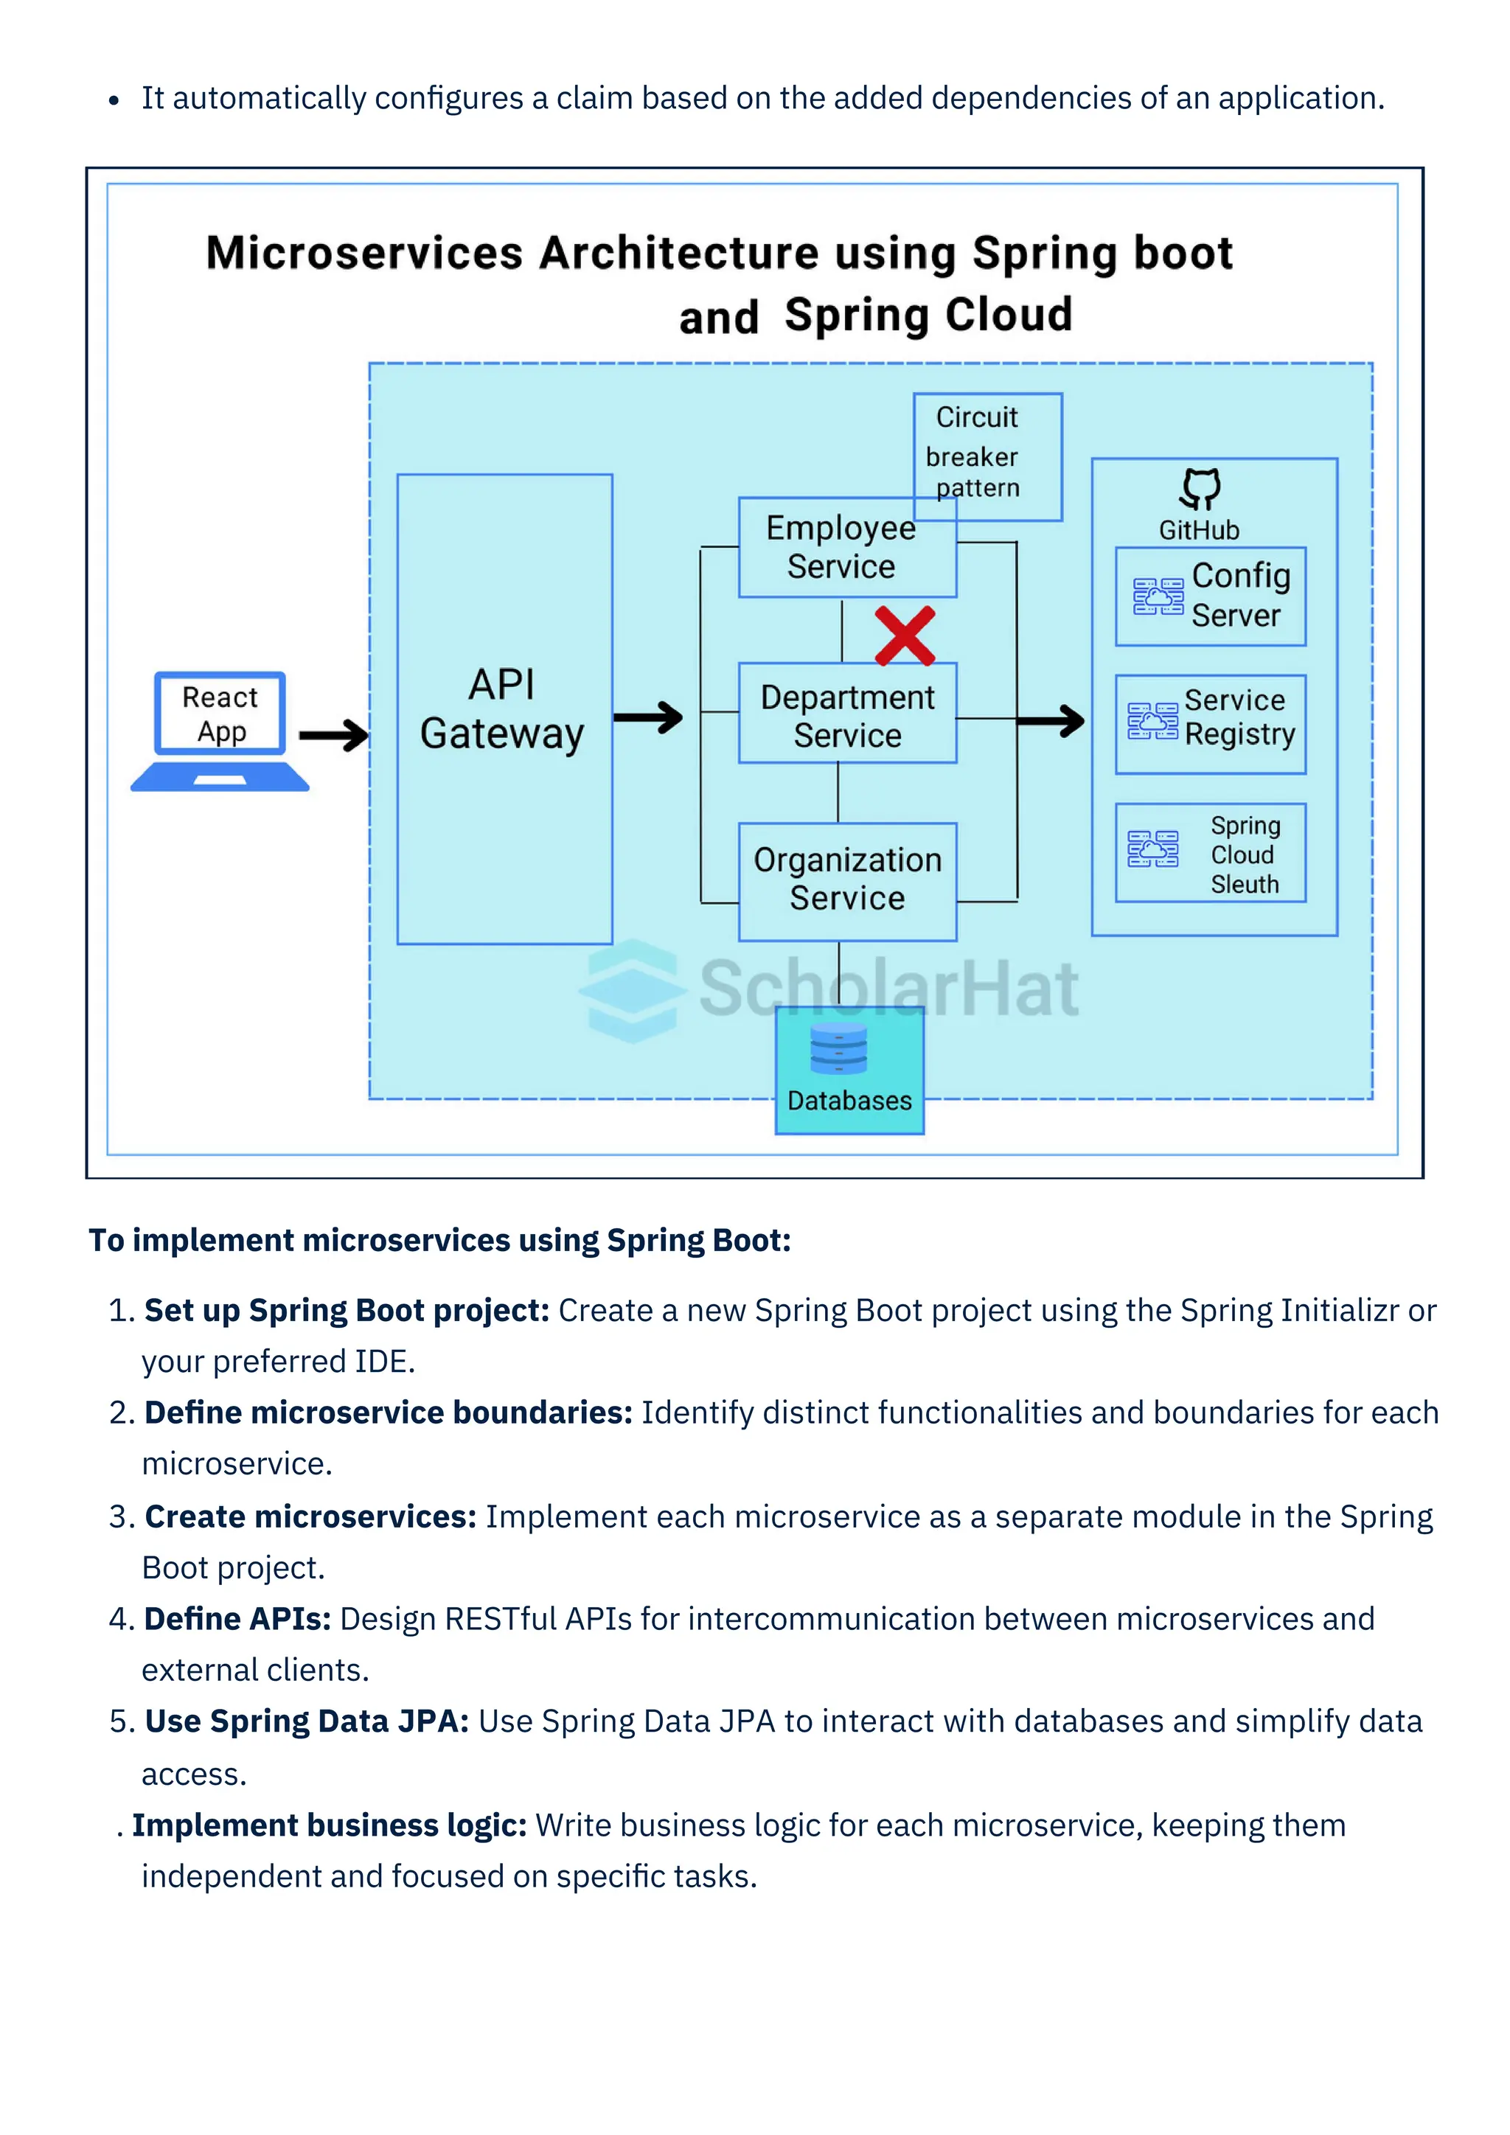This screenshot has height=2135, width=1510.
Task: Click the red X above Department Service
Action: tap(904, 636)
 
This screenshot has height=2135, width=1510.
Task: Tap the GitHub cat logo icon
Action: tap(1200, 488)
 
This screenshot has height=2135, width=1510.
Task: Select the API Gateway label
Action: tap(502, 709)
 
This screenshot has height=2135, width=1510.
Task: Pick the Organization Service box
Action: tap(847, 880)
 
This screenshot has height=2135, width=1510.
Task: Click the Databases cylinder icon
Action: tap(838, 1048)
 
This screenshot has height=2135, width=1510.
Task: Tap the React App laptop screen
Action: tap(220, 713)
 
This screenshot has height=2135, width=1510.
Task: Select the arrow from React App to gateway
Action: tap(334, 736)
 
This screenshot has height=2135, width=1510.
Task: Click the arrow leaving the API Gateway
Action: tap(648, 717)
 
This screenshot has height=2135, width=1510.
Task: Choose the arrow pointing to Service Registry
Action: tap(1051, 721)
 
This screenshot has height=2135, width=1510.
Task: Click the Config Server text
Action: tap(1240, 595)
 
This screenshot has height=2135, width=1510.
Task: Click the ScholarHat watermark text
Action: tap(888, 989)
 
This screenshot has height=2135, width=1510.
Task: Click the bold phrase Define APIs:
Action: tap(238, 1619)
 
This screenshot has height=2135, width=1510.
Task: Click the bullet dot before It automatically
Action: tap(114, 100)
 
